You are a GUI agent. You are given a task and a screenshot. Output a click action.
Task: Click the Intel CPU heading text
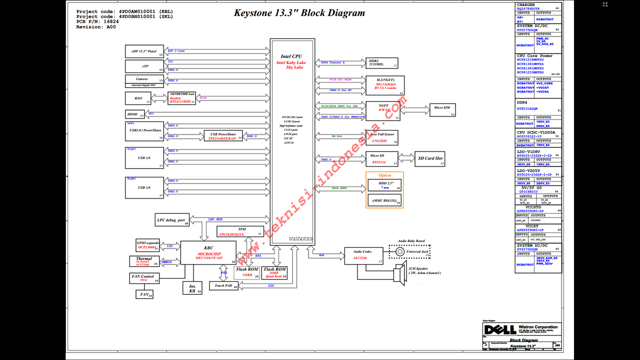coord(291,56)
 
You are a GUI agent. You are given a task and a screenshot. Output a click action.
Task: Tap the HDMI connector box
coord(134,114)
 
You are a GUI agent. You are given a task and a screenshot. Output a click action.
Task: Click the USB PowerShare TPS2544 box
coord(223,136)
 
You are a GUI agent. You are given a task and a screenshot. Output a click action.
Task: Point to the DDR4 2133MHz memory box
coord(382,62)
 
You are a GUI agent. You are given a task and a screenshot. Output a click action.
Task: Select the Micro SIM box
coord(442,110)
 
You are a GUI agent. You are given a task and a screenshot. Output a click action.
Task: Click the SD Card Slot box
coord(430,159)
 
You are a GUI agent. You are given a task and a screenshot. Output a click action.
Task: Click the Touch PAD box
coord(223,286)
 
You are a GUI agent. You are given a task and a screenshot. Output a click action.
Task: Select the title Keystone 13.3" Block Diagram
coord(299,13)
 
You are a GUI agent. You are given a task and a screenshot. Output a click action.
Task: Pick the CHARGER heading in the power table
coord(525,5)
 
